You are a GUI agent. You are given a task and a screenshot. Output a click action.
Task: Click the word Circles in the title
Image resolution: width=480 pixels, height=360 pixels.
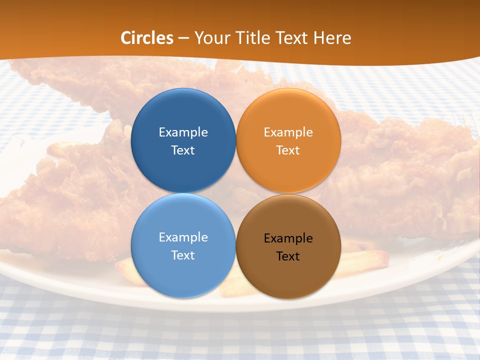(x=146, y=38)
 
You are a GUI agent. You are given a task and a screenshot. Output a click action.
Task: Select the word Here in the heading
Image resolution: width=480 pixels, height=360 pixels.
(x=332, y=38)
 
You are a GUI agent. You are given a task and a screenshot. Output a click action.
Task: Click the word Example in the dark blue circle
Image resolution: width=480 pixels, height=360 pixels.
(x=183, y=132)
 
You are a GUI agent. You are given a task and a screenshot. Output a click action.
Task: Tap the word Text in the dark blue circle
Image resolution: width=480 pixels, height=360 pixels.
(x=183, y=150)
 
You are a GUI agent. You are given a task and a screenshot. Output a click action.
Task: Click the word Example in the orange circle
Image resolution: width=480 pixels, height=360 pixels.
(x=288, y=132)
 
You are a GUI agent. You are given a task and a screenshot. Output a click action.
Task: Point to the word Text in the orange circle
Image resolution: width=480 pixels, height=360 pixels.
(x=288, y=150)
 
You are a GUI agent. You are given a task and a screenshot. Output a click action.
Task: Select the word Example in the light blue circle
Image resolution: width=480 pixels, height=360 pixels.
(x=183, y=237)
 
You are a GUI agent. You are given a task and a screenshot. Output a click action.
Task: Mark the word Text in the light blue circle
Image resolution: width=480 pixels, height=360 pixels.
(x=183, y=255)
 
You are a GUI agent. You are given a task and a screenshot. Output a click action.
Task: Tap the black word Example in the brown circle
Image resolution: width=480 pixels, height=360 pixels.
(x=288, y=238)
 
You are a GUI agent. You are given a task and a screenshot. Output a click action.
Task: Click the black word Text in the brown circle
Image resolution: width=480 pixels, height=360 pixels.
(x=288, y=256)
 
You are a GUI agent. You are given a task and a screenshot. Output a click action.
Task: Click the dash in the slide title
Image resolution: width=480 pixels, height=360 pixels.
(x=183, y=38)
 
